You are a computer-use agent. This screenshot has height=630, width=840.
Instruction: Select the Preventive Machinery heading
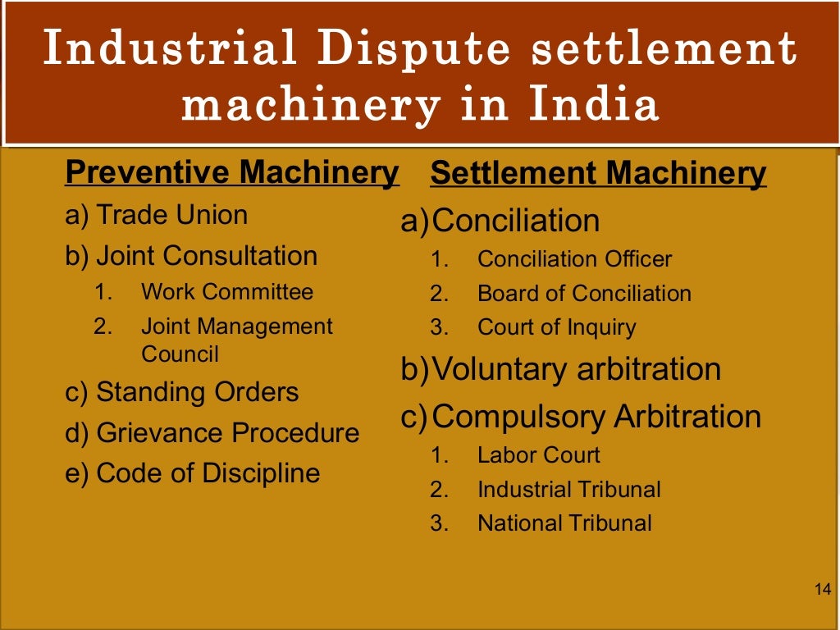tap(231, 173)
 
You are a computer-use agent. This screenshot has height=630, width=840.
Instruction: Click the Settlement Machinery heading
tap(598, 174)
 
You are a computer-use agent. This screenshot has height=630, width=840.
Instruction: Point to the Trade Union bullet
tap(171, 216)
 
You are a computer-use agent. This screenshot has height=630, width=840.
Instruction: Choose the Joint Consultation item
tap(207, 256)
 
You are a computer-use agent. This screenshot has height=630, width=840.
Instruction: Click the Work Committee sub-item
tap(227, 292)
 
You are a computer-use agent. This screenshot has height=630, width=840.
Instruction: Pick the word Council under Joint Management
tap(180, 354)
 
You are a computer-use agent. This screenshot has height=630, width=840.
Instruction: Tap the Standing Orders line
tap(197, 392)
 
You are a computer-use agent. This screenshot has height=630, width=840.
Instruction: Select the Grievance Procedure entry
tap(227, 432)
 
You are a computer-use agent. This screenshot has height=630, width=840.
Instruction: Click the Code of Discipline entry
tap(208, 473)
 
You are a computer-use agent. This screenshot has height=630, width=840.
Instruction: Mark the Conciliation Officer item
tap(574, 259)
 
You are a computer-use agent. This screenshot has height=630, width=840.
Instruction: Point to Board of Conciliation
tap(584, 294)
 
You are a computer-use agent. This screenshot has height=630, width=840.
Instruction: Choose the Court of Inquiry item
tap(556, 328)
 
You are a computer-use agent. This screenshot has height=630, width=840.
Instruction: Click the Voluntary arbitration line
tap(576, 369)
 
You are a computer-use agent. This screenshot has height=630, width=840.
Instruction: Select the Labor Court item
tap(538, 455)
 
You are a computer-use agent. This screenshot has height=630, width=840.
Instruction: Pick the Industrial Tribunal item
tap(568, 490)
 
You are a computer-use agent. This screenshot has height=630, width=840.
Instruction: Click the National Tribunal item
tap(564, 523)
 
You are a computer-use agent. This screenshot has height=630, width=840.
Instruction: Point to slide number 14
tap(823, 589)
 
